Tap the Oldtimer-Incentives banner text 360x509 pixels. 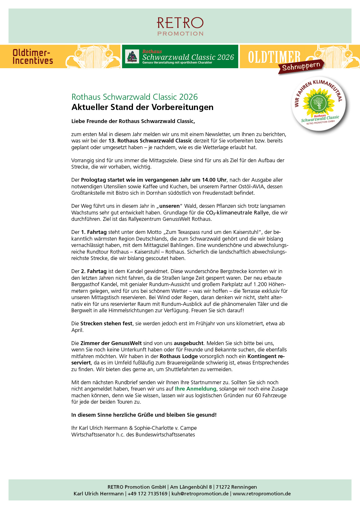click(33, 57)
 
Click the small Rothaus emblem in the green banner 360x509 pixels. click(132, 57)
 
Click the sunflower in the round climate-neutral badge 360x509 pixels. click(318, 102)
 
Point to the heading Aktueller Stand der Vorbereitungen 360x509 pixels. click(142, 107)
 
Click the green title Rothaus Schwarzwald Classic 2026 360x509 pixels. click(134, 97)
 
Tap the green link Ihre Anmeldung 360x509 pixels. click(195, 389)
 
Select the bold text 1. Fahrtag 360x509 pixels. click(94, 232)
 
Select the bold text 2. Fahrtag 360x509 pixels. click(94, 271)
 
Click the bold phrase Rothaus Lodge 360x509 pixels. click(179, 356)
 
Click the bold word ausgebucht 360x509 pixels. click(189, 343)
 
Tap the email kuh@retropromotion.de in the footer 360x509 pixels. click(200, 494)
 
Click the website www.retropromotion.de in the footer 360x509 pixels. click(262, 494)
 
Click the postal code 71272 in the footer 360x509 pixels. click(224, 487)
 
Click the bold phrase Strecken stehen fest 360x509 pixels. click(106, 324)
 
